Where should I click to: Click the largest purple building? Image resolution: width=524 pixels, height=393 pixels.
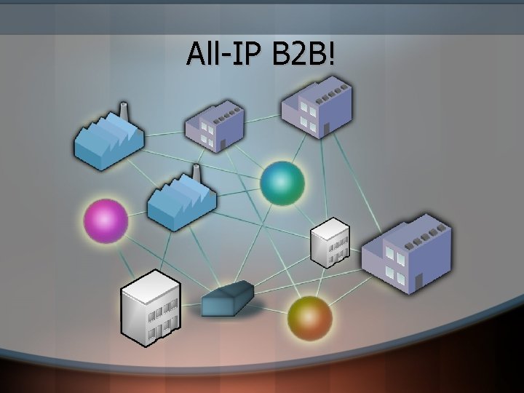click(408, 255)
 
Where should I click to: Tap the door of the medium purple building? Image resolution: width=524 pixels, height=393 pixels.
click(327, 128)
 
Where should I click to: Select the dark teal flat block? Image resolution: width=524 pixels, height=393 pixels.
click(228, 299)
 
